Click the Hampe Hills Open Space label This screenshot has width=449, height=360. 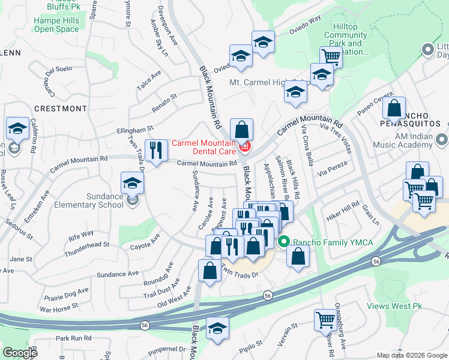click(56, 24)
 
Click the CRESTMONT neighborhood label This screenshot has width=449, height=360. click(60, 109)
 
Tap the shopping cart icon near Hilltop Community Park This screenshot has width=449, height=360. click(331, 57)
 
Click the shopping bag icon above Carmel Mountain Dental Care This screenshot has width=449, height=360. click(241, 130)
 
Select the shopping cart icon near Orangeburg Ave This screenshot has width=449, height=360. click(325, 320)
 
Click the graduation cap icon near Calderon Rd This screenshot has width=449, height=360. click(18, 128)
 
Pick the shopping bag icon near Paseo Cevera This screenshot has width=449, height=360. click(394, 108)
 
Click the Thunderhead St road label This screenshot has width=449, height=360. click(89, 245)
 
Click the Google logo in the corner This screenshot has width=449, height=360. click(20, 353)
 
